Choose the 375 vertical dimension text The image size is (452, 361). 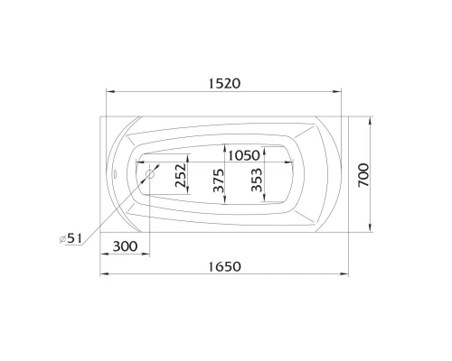218,184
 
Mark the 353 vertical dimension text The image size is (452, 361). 256,184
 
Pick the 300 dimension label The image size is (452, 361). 127,246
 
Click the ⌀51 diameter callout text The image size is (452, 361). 71,237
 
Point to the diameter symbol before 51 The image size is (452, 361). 61,237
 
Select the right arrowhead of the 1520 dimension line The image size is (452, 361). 339,92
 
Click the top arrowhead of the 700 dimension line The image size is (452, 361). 373,117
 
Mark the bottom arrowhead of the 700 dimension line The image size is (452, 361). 373,229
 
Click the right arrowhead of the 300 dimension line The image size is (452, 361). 147,255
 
